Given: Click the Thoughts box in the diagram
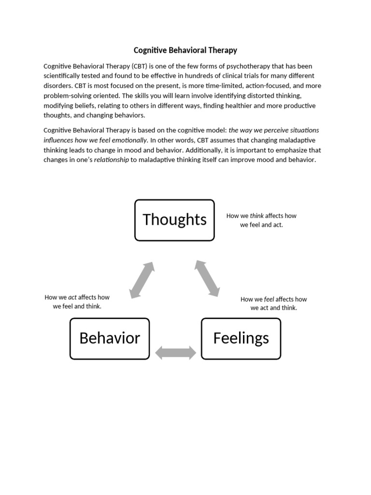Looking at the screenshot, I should tap(174, 220).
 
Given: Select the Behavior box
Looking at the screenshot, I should tap(110, 338).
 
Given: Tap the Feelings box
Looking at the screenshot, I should tap(241, 338).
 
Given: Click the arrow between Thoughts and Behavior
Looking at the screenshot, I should tap(142, 280).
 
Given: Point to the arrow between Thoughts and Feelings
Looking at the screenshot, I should tap(207, 278).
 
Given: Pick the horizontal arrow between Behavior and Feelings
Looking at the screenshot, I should tap(175, 352).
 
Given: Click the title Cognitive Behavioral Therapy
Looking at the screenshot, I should tap(185, 50).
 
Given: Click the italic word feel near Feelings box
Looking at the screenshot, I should tap(269, 299).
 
